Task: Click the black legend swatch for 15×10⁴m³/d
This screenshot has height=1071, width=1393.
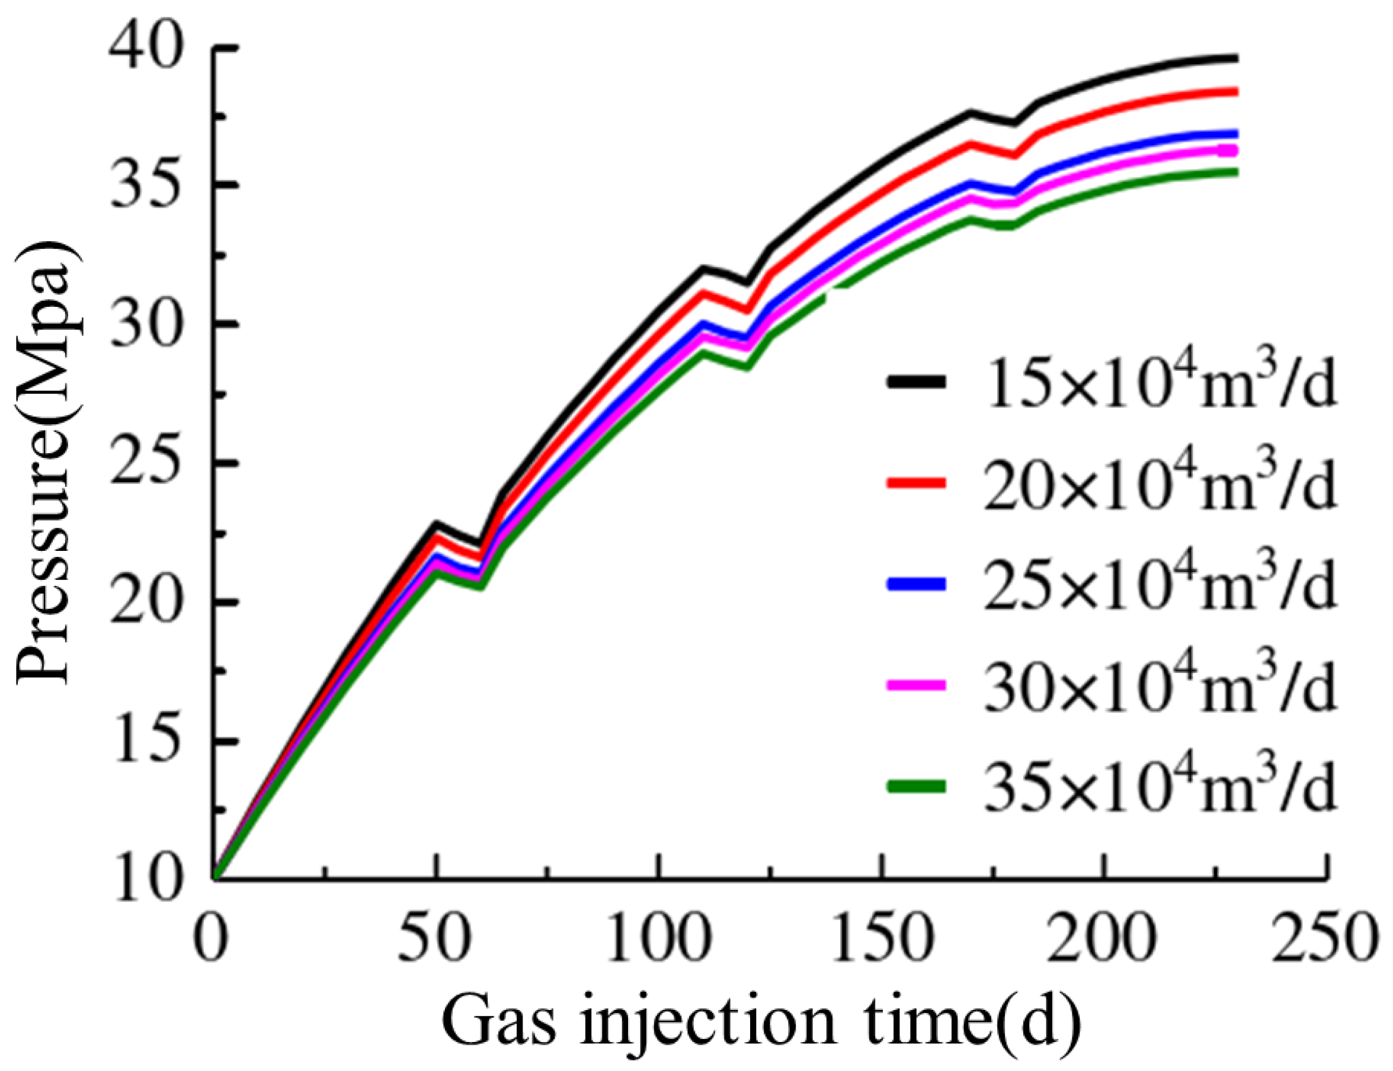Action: point(915,381)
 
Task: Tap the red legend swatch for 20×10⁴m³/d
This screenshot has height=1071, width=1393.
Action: point(915,482)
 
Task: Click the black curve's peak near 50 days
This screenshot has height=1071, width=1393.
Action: point(436,524)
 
